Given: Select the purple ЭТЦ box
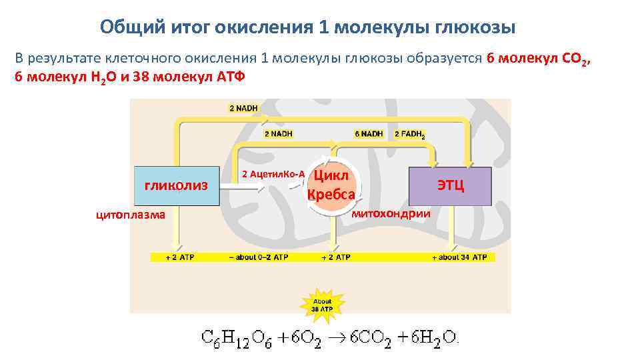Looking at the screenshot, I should [450, 185].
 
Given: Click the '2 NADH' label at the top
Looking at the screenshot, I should [243, 108].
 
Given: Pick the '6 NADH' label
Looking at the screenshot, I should [369, 134].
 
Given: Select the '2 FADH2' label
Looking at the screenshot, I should [409, 134].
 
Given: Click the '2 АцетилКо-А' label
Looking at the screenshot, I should [273, 174].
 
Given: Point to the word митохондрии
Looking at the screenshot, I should [391, 213].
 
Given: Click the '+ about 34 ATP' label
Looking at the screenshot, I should [459, 257].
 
